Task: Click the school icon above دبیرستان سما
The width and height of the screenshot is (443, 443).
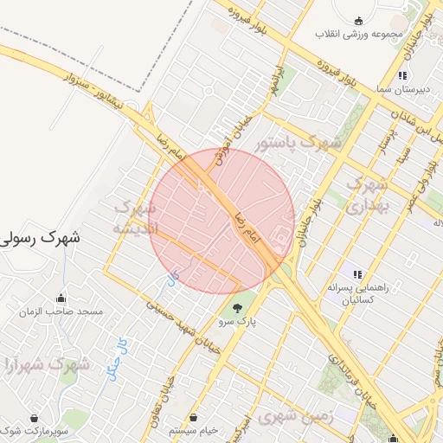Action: (x=403, y=76)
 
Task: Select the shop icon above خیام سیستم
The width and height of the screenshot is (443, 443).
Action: (x=193, y=417)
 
